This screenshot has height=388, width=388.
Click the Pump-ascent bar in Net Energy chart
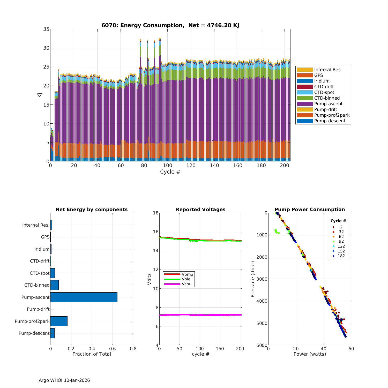84,297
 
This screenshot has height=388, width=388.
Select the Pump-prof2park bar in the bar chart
59,321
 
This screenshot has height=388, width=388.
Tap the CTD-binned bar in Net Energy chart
55,285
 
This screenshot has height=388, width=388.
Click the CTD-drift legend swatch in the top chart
305,87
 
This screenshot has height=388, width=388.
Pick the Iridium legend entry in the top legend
322,81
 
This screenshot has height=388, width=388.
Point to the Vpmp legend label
187,274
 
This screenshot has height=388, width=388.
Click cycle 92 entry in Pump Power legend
341,241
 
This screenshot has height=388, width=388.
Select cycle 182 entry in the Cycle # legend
341,256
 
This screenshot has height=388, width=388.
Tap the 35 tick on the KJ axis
46,29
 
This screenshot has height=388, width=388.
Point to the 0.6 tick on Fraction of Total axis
113,349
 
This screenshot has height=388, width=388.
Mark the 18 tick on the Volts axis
156,213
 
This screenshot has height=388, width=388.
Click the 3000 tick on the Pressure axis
262,279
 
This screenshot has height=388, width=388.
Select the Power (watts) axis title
310,354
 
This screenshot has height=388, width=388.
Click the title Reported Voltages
200,210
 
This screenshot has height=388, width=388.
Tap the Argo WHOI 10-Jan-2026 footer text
64,380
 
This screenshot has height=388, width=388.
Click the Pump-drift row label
38,309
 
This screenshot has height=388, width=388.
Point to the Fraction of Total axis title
92,354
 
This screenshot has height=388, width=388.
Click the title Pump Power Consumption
310,210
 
